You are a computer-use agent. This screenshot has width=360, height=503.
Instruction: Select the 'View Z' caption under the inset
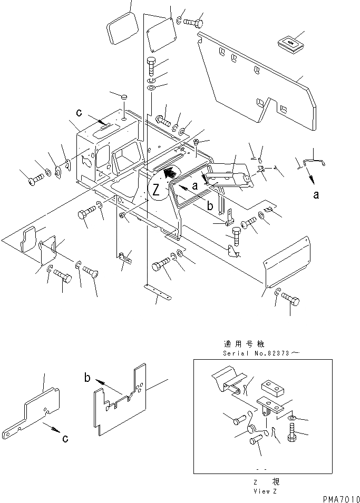click(x=262, y=491)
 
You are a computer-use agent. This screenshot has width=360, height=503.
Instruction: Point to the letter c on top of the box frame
click(x=79, y=112)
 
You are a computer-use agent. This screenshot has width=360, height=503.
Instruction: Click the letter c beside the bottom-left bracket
click(x=64, y=439)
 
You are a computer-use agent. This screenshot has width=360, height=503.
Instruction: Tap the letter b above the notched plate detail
click(x=87, y=377)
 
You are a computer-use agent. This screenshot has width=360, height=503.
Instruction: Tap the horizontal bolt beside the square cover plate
click(x=196, y=23)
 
